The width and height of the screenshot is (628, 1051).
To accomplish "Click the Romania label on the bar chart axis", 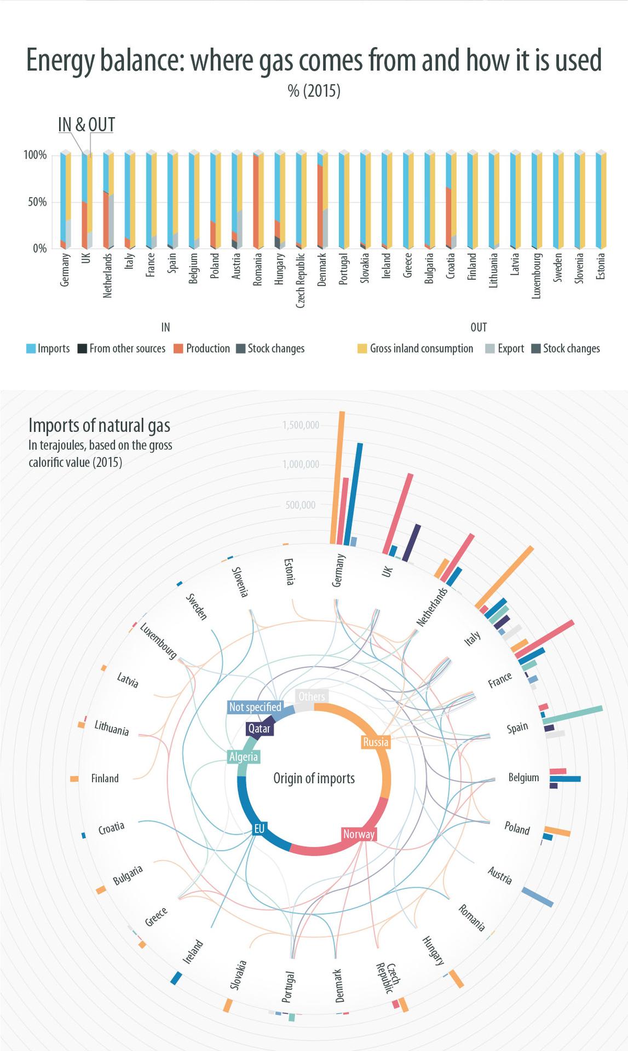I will [x=257, y=269].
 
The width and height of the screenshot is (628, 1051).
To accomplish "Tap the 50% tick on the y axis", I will [x=35, y=202].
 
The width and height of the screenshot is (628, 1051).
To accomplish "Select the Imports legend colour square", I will [x=31, y=349].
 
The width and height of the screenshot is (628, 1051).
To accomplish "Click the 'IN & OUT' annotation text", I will [x=87, y=125].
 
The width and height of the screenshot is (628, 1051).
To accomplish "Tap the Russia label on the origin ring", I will [x=376, y=742].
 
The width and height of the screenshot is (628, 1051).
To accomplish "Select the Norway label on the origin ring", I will [x=359, y=834].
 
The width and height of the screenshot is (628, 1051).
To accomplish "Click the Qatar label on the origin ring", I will [x=259, y=729].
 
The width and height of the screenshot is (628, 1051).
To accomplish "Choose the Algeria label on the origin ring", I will [x=244, y=757].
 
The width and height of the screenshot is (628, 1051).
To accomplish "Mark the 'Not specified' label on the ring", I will [x=255, y=707].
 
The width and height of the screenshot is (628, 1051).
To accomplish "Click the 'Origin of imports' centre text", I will [x=314, y=778].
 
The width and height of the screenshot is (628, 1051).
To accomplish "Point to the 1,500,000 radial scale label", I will [x=301, y=425].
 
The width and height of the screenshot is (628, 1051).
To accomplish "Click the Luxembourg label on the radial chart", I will [x=158, y=641].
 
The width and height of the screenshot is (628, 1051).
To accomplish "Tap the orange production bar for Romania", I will [x=255, y=201].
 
